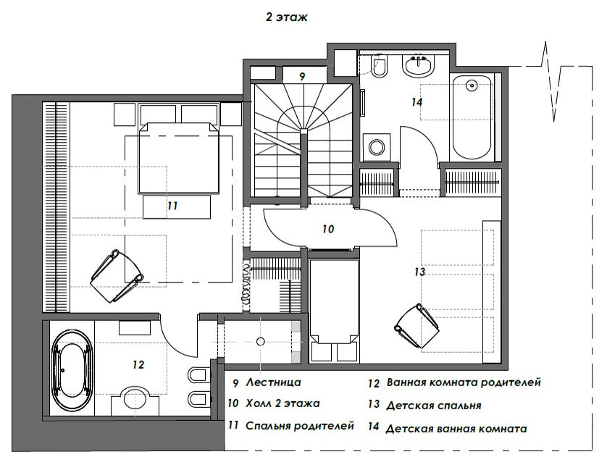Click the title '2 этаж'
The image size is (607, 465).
click(x=286, y=17)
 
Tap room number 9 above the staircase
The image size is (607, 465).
click(x=302, y=76)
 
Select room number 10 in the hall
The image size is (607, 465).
click(x=328, y=229)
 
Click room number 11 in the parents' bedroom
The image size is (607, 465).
click(x=172, y=205)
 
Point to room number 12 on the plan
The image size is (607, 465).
click(x=138, y=364)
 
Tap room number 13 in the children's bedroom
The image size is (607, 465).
click(x=419, y=272)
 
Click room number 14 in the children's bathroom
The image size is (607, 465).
click(x=416, y=102)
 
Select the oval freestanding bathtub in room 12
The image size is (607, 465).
click(x=72, y=371)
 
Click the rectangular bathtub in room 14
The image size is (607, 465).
click(x=472, y=117)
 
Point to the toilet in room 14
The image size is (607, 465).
click(x=379, y=66)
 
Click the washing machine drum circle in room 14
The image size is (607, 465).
click(x=376, y=147)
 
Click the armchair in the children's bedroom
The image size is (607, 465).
click(x=417, y=325)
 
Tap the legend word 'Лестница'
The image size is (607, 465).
click(x=273, y=382)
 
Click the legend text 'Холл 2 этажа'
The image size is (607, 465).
click(x=283, y=403)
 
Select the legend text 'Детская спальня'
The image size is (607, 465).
click(x=434, y=406)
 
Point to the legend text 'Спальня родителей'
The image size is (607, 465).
click(x=300, y=426)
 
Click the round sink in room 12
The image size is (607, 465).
click(x=134, y=397)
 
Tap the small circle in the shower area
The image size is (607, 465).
click(x=261, y=341)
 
